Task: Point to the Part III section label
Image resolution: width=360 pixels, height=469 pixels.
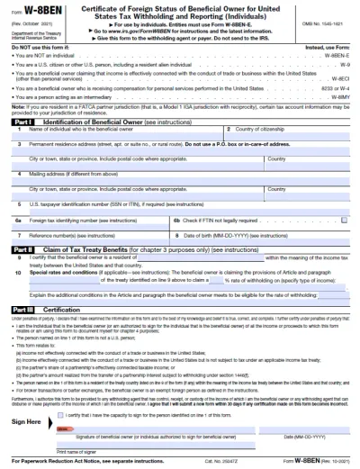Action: (22, 309)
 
